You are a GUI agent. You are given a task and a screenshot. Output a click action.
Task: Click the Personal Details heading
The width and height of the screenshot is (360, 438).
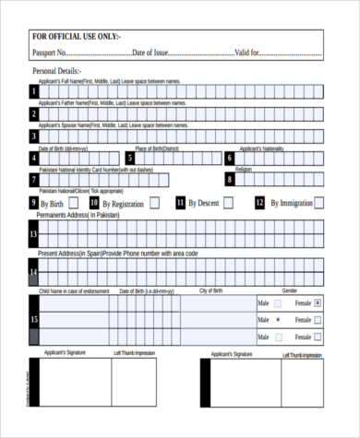(x=57, y=71)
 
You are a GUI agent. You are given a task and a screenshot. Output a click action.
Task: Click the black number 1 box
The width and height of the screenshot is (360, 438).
(x=33, y=90)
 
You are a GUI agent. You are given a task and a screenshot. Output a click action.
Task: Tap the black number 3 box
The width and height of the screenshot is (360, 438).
(x=33, y=136)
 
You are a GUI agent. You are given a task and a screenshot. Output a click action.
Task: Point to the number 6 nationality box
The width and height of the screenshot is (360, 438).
(x=230, y=158)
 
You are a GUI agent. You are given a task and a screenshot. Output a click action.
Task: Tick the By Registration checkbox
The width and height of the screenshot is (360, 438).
(x=153, y=203)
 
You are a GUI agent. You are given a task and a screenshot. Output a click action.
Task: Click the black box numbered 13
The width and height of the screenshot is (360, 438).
(x=33, y=234)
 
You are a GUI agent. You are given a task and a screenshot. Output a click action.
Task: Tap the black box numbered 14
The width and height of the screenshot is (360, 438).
(x=33, y=272)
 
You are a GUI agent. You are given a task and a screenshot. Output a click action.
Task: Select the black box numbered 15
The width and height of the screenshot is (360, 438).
(x=33, y=319)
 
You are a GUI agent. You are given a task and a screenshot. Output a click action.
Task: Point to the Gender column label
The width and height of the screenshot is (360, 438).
(x=289, y=290)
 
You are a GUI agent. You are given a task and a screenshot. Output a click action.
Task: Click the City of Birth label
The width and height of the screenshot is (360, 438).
(x=210, y=290)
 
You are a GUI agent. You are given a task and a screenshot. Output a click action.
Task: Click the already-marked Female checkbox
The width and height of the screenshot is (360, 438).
(x=318, y=302)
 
